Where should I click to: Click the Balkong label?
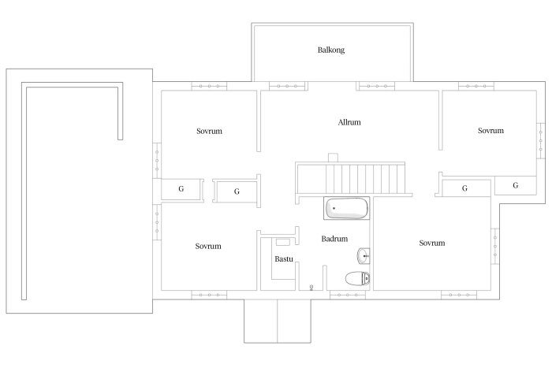(331, 50)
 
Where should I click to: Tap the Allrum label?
(349, 122)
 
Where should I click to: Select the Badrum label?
(334, 239)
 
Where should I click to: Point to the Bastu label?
(284, 259)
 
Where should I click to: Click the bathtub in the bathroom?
(346, 208)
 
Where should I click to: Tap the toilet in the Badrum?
(357, 279)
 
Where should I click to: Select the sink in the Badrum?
(364, 256)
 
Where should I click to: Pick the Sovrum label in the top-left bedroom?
(209, 132)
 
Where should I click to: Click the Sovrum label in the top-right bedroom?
(490, 131)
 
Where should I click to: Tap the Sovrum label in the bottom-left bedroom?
(208, 247)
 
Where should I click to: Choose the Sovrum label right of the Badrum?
(432, 243)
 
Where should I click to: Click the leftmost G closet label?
(181, 189)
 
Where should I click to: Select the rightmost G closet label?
(516, 185)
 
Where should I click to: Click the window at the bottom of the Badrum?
(348, 296)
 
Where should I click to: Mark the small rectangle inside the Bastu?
(282, 242)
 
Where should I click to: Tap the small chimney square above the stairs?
(333, 158)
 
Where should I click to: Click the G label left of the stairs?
(237, 191)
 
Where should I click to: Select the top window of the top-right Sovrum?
(476, 86)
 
